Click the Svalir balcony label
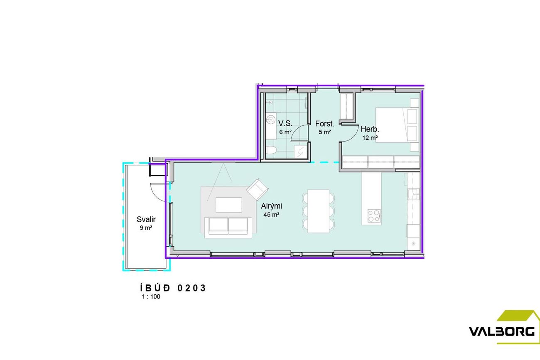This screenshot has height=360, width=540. [146, 219]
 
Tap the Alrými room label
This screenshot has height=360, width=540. [271, 206]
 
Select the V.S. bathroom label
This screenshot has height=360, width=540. [285, 123]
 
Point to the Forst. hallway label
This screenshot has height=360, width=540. [325, 124]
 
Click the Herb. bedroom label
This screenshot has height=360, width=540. [370, 130]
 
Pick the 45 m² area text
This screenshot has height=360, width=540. [271, 214]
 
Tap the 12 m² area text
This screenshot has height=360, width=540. [370, 138]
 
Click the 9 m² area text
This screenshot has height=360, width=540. [146, 228]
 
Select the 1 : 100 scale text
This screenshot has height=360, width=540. [151, 296]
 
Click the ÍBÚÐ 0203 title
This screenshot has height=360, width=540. [173, 288]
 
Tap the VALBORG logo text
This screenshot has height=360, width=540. [502, 332]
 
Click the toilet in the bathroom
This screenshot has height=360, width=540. [271, 150]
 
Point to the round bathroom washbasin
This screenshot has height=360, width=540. [271, 119]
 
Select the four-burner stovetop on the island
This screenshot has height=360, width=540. [374, 216]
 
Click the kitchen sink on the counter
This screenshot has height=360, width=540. [413, 194]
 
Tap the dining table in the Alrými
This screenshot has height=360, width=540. [319, 211]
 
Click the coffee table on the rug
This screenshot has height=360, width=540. [229, 205]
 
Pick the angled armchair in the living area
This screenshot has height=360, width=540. [258, 189]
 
